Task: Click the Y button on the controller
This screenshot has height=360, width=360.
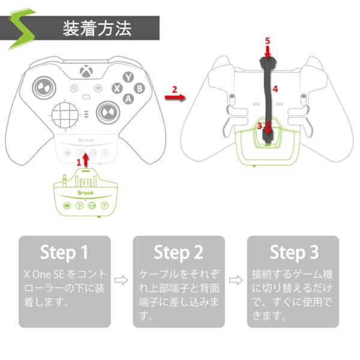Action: pos(128,77)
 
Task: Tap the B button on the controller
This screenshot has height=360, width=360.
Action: pos(139,88)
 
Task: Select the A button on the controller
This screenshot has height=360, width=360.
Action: pos(128,99)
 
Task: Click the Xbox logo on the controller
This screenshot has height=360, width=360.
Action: pos(86,71)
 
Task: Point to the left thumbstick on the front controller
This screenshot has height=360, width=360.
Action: pos(44,88)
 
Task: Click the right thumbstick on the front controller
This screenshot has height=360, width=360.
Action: pos(107,113)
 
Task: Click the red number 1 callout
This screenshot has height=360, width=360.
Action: pos(79,163)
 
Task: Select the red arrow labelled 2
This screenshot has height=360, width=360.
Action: pos(175,97)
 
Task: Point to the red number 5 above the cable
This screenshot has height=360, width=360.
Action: pos(268,41)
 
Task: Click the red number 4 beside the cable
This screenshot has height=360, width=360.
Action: pos(275,89)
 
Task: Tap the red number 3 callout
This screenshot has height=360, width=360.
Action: pos(259,126)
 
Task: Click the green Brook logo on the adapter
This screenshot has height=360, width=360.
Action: pos(86,193)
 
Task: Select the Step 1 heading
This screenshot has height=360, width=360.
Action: pos(64,253)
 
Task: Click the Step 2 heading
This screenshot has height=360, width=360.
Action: pos(178,253)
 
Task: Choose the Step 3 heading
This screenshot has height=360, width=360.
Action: pos(294,253)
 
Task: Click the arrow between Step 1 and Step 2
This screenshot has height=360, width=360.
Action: pos(121,280)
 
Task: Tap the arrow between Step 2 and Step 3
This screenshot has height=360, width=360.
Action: pos(236,280)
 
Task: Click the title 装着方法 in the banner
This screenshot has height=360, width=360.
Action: pos(97,28)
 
